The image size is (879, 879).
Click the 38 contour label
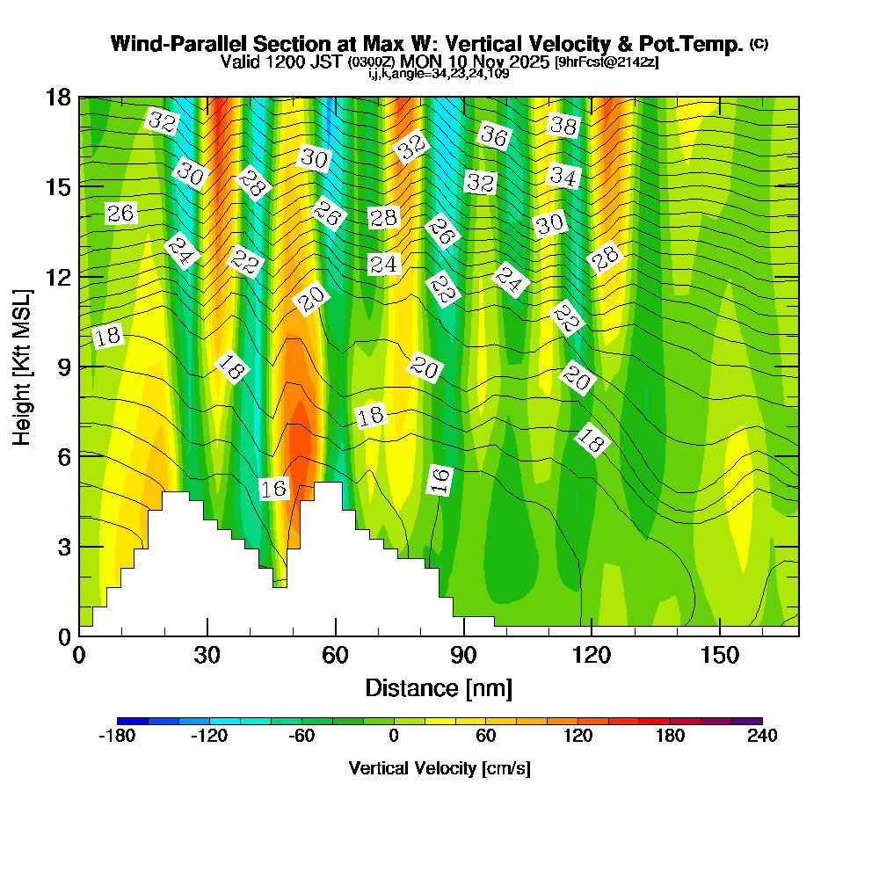pyautogui.click(x=563, y=126)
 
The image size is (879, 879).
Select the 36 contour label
pyautogui.click(x=494, y=136)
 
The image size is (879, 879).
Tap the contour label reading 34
pyautogui.click(x=563, y=176)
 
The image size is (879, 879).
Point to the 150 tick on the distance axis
pyautogui.click(x=720, y=655)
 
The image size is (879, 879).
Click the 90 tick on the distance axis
pyautogui.click(x=463, y=655)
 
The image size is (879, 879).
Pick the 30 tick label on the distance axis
pyautogui.click(x=207, y=655)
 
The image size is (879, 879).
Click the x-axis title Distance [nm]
pyautogui.click(x=439, y=686)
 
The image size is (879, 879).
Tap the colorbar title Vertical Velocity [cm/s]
pyautogui.click(x=439, y=768)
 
